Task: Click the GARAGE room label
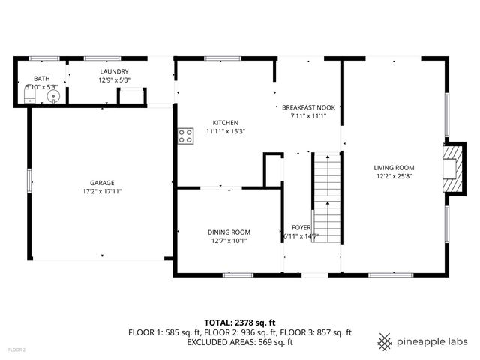(x=102, y=182)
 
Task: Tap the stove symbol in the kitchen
(x=184, y=135)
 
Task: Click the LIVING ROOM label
(x=394, y=168)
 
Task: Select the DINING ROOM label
(x=229, y=232)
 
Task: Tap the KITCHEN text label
(x=225, y=123)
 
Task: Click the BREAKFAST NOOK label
(x=308, y=107)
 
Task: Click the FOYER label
(x=301, y=227)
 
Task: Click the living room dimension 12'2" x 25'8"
(x=394, y=176)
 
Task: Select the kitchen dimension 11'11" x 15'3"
(x=225, y=131)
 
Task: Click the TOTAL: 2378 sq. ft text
(x=239, y=322)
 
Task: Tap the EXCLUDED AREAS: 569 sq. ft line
(x=239, y=342)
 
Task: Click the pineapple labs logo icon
(x=385, y=341)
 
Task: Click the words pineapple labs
(x=433, y=341)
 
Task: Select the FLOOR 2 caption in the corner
(x=16, y=349)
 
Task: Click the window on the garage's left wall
(x=29, y=180)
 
